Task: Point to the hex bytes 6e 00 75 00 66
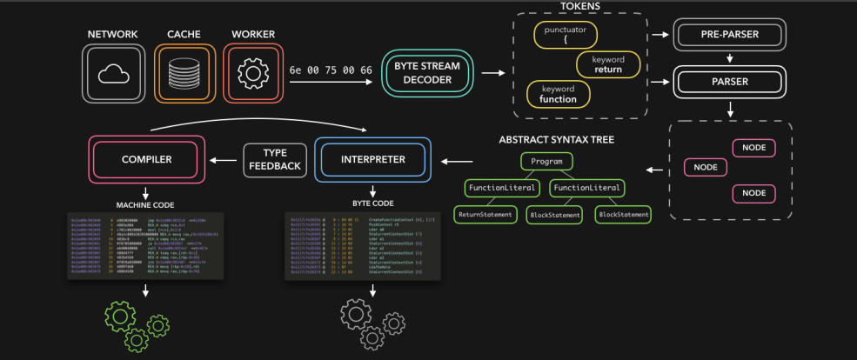tap(331, 70)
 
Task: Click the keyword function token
tap(558, 94)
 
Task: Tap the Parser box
tap(730, 83)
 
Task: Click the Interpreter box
tap(372, 159)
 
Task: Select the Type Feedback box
tap(275, 159)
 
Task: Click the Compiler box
tap(146, 159)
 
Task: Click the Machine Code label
tap(145, 205)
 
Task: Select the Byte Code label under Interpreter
tap(372, 202)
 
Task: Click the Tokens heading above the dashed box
tap(580, 6)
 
